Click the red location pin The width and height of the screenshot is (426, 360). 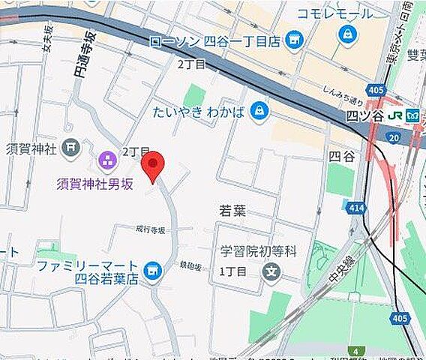[153, 166]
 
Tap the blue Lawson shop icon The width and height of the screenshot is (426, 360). [295, 40]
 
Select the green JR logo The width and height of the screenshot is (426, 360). [412, 116]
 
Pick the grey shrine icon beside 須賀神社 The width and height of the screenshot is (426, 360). [71, 147]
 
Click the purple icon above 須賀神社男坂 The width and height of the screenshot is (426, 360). [106, 159]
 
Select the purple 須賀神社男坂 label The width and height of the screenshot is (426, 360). [94, 183]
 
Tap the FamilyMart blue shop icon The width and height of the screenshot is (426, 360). [154, 268]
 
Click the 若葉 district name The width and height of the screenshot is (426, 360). [232, 211]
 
